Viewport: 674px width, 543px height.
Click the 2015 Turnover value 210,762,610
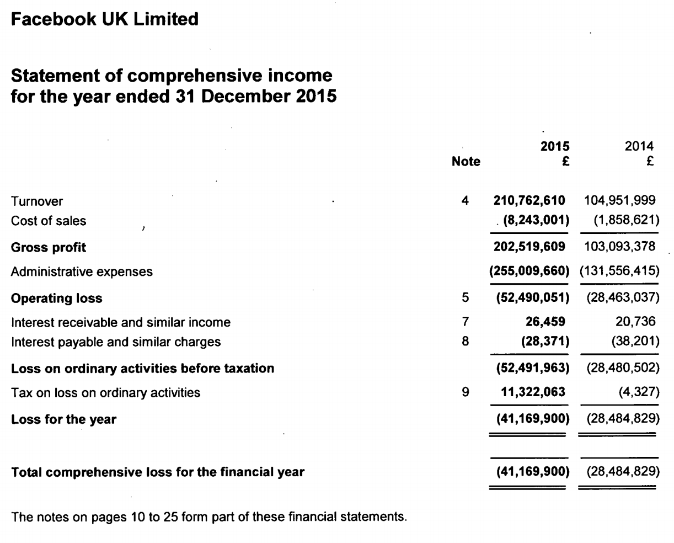(x=529, y=201)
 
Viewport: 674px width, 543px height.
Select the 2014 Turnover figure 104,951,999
(x=620, y=201)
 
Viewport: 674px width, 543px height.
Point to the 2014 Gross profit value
(x=620, y=247)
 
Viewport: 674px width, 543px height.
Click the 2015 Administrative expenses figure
(x=529, y=271)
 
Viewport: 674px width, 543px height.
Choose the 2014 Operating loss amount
(x=620, y=298)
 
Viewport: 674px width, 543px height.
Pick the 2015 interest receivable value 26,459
(x=544, y=322)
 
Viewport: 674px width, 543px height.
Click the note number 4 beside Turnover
(x=465, y=201)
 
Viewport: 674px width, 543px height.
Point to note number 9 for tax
(x=465, y=392)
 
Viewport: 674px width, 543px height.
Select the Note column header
(x=466, y=162)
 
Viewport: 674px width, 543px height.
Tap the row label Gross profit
(x=49, y=247)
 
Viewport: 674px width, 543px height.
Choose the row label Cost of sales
(x=49, y=221)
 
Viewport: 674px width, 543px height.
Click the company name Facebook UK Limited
(x=105, y=20)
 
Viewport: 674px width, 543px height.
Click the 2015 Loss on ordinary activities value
(x=529, y=368)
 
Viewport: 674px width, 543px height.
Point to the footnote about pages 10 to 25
(x=209, y=517)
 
